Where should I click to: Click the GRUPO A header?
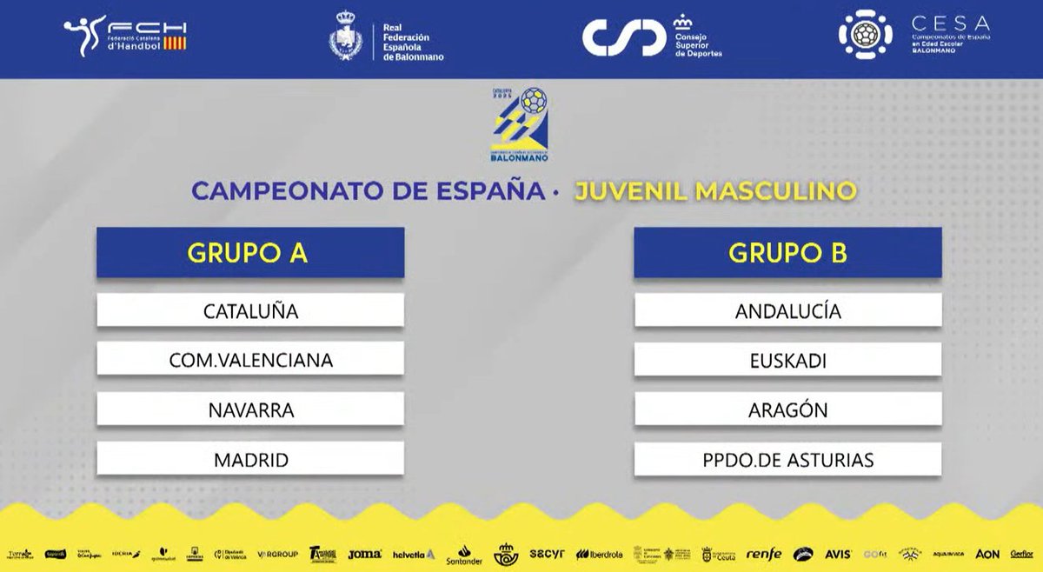pos(250,253)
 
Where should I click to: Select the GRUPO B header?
pos(787,253)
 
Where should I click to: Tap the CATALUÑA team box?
pos(250,311)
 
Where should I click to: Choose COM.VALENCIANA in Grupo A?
pos(250,360)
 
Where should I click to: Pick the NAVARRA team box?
pos(250,409)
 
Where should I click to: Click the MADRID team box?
pos(250,459)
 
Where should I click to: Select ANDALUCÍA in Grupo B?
pos(787,311)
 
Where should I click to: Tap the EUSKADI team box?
pos(787,360)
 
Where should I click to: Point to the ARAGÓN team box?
pos(787,409)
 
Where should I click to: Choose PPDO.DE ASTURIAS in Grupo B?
pos(787,459)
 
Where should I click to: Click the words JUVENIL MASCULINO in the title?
pos(715,190)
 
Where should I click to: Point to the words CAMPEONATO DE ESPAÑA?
pos(367,190)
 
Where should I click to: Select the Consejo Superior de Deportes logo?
pos(652,37)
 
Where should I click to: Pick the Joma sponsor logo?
pos(364,554)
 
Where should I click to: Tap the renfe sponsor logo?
pos(764,554)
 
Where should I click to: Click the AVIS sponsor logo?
pos(838,554)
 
